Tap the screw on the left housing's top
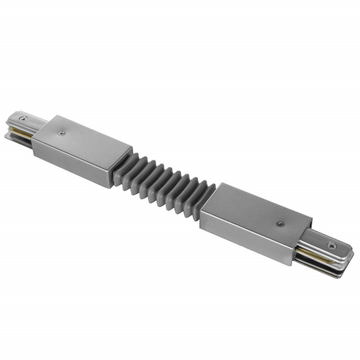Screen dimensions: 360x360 point(62,132)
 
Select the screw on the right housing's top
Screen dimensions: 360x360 point(280,224)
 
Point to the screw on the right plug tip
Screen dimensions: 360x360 point(332,245)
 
